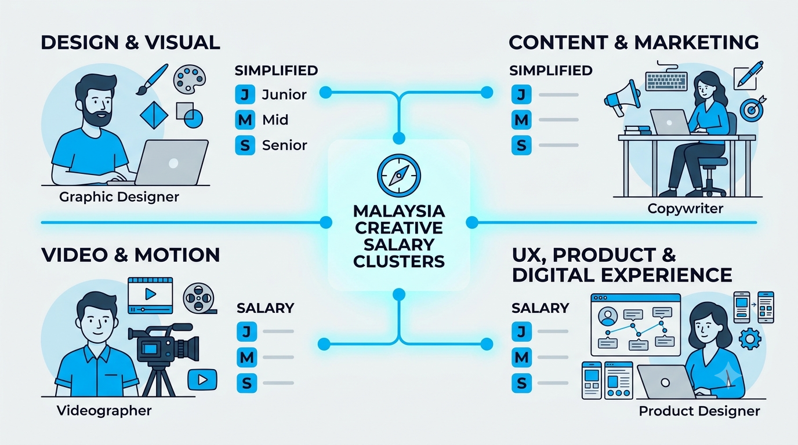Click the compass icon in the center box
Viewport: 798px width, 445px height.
[x=398, y=176]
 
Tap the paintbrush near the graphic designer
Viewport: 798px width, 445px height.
[x=152, y=80]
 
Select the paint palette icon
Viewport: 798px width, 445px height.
[x=189, y=79]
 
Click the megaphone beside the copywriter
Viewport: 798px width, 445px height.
[x=622, y=97]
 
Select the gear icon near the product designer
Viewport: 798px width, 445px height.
[x=750, y=339]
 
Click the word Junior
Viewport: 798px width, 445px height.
[x=284, y=94]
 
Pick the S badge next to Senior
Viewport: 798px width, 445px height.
[x=245, y=145]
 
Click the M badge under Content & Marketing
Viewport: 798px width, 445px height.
[x=521, y=120]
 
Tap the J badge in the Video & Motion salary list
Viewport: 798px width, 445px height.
[x=246, y=332]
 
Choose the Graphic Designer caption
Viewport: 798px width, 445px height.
[x=119, y=197]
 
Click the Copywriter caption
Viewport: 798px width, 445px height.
[x=685, y=208]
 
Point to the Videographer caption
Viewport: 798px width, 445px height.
[x=104, y=411]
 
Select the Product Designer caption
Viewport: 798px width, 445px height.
[x=699, y=411]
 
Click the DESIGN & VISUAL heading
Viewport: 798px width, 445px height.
[x=130, y=43]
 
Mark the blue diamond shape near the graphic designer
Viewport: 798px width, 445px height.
[x=154, y=115]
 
